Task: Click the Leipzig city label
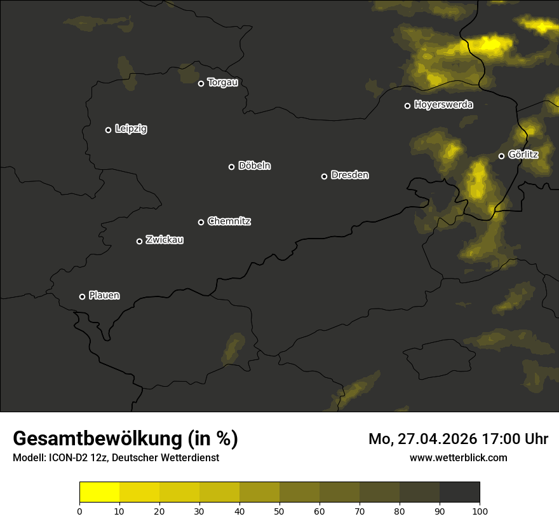pos(131,129)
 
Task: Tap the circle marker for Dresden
pos(324,176)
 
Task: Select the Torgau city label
pos(222,83)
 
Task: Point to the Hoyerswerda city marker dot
pos(407,106)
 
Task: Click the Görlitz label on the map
pos(523,155)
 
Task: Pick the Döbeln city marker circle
pos(231,167)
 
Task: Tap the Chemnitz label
pos(229,221)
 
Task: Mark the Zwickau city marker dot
pos(139,241)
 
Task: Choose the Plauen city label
pos(104,295)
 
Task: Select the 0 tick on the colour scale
pos(79,511)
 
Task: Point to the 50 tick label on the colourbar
pos(279,511)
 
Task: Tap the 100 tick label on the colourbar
pos(480,511)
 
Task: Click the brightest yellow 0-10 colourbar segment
pos(99,492)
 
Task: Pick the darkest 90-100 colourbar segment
pos(459,492)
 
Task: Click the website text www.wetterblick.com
pos(458,457)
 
